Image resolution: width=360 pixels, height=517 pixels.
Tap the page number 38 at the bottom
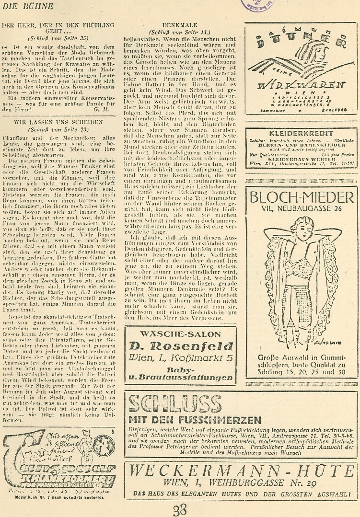[x=180, y=509]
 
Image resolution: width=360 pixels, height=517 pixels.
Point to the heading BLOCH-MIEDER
[x=302, y=197]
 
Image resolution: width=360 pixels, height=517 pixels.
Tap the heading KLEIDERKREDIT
[x=301, y=133]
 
